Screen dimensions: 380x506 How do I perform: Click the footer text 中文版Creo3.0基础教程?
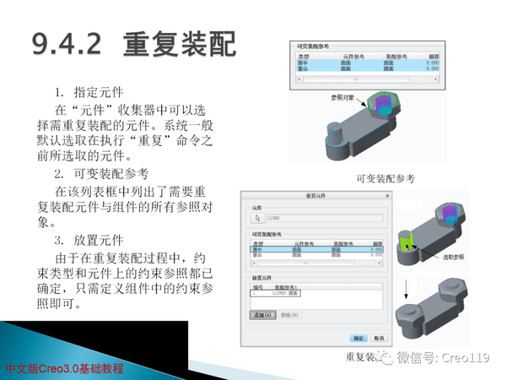click(64, 369)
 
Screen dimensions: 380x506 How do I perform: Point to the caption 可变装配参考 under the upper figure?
click(385, 179)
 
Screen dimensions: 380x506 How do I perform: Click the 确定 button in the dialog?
click(358, 338)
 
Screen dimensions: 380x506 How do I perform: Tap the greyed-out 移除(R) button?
click(288, 315)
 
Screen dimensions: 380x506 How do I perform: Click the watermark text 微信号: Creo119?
click(441, 358)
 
